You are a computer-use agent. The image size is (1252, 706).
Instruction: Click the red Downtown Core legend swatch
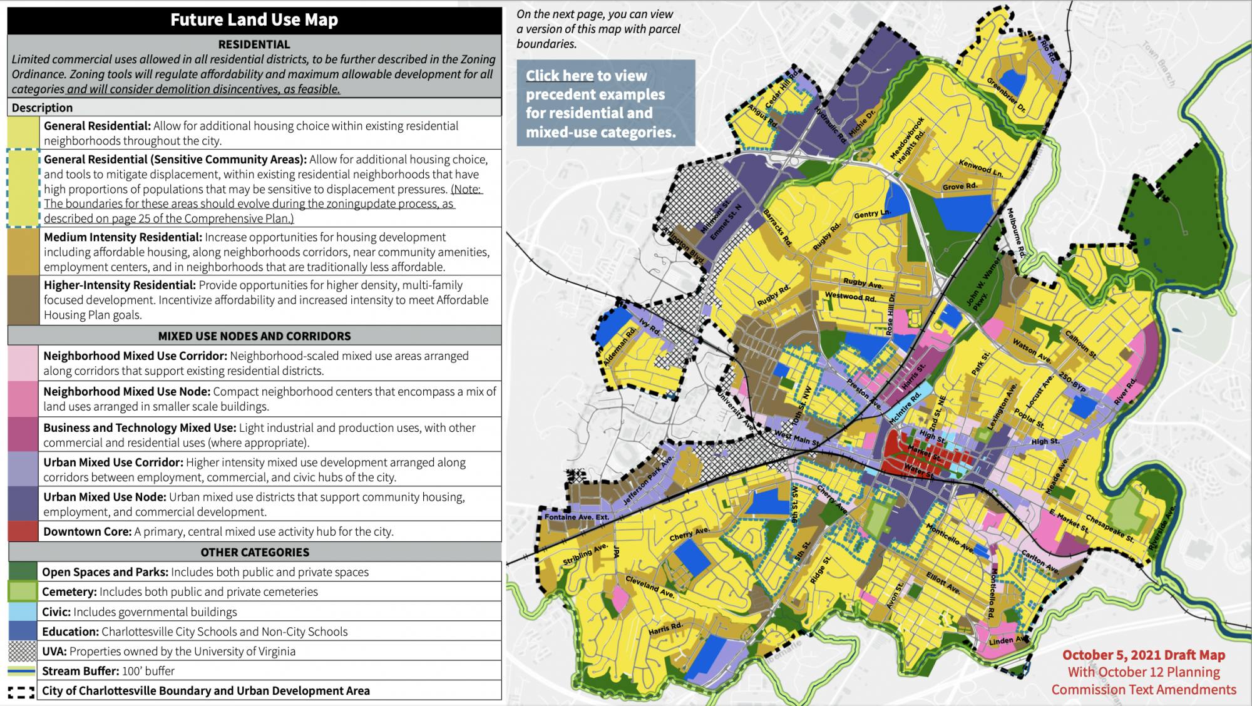pyautogui.click(x=23, y=531)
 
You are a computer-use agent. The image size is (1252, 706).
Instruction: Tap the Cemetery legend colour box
pyautogui.click(x=23, y=591)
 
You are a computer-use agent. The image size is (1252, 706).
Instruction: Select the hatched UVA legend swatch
pyautogui.click(x=23, y=651)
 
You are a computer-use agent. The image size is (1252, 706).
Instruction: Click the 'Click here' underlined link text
pyautogui.click(x=559, y=76)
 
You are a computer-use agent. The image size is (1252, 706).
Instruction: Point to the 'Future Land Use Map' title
pyautogui.click(x=254, y=20)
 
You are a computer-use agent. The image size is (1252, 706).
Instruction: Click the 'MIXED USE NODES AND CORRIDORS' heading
pyautogui.click(x=254, y=335)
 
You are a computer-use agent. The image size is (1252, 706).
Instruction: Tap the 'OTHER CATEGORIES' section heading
pyautogui.click(x=254, y=552)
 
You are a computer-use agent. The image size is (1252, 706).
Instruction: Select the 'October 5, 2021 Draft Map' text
pyautogui.click(x=1143, y=655)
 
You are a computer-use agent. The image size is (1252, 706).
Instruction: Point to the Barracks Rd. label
pyautogui.click(x=778, y=227)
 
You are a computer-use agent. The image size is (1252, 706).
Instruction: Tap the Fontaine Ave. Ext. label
pyautogui.click(x=577, y=518)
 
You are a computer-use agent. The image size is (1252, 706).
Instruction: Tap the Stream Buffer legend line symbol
pyautogui.click(x=23, y=671)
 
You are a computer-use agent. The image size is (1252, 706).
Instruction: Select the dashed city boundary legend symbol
pyautogui.click(x=23, y=691)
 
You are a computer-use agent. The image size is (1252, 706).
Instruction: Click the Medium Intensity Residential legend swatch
pyautogui.click(x=23, y=252)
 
